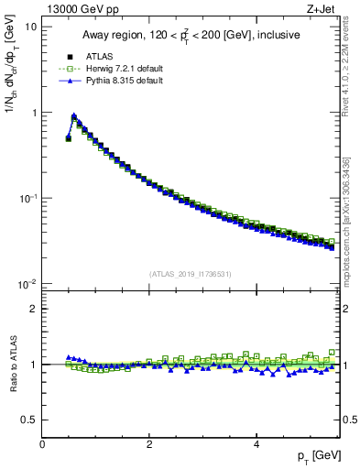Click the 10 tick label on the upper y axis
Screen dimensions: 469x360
[x=31, y=27]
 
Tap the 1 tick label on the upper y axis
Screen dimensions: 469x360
[x=34, y=113]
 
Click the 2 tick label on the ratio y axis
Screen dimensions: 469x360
[x=34, y=309]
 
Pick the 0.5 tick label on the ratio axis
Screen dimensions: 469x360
[x=30, y=420]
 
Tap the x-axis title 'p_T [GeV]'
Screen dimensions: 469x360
[x=320, y=455]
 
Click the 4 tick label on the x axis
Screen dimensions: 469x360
[x=256, y=444]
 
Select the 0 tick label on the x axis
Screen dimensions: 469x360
[x=42, y=444]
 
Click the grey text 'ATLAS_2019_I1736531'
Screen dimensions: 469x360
[x=191, y=274]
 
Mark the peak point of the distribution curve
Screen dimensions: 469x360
[x=74, y=116]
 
